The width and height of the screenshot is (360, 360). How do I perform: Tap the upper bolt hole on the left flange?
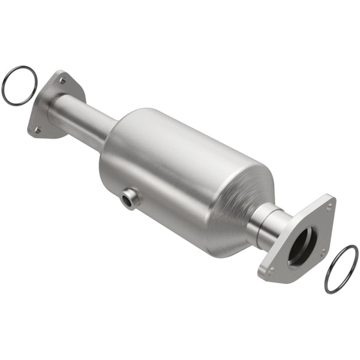tap(62, 78)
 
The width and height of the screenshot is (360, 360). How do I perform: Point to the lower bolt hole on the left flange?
tap(37, 128)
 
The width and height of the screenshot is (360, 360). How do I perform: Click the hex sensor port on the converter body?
tap(128, 199)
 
